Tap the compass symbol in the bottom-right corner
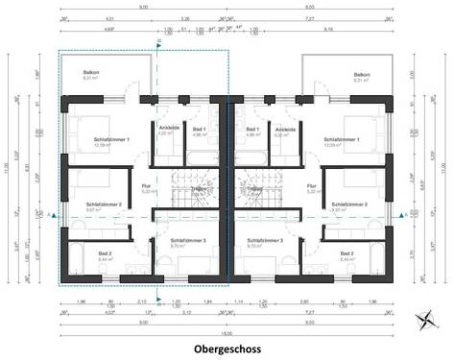[x=425, y=320]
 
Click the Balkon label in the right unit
[x=361, y=74]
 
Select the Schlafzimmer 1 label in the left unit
[x=112, y=140]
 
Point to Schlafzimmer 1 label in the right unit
[x=343, y=140]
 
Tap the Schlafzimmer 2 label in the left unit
[x=102, y=204]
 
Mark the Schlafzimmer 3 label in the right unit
[x=263, y=241]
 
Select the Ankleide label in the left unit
[x=164, y=129]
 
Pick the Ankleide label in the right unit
[x=285, y=129]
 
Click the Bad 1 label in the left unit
[x=200, y=129]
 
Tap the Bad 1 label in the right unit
[x=252, y=129]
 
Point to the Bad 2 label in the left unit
[x=105, y=253]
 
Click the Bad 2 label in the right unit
[x=346, y=253]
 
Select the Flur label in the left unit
[x=147, y=186]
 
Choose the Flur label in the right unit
[x=312, y=186]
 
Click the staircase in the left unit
[x=195, y=188]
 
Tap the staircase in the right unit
[x=257, y=188]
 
